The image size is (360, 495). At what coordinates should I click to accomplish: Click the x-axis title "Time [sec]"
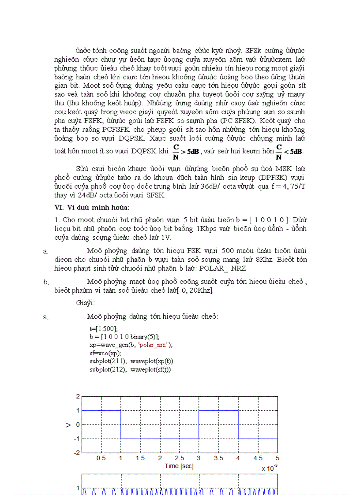click(179, 466)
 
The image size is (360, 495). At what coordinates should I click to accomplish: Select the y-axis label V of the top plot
click(68, 424)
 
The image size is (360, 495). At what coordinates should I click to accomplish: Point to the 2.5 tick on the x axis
click(180, 458)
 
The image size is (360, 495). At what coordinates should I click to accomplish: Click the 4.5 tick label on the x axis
click(258, 458)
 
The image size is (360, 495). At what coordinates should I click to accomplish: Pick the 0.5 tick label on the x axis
click(101, 458)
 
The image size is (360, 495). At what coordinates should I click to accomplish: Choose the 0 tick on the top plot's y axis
click(78, 424)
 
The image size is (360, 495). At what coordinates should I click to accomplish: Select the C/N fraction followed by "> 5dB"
click(176, 151)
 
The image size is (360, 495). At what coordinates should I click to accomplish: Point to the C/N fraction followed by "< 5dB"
click(279, 151)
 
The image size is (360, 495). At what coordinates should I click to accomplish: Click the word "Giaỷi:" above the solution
click(85, 303)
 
